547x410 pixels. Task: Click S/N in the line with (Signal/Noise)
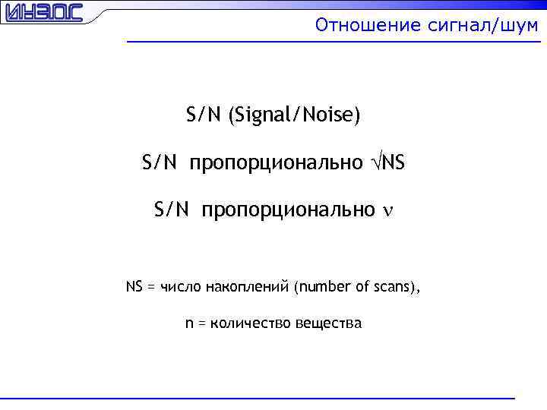coord(202,115)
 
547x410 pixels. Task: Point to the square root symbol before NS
coord(376,162)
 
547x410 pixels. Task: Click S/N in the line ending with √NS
coord(158,162)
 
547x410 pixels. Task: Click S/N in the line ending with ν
coord(170,210)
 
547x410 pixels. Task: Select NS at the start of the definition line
coord(134,287)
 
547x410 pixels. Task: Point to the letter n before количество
coord(189,324)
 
